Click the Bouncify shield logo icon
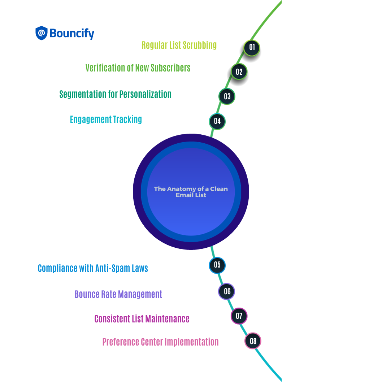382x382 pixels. point(42,33)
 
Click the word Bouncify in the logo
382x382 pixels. point(72,34)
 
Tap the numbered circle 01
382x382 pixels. point(252,47)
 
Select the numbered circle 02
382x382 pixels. point(239,71)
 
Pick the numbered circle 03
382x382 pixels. point(227,96)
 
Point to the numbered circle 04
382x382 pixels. point(217,121)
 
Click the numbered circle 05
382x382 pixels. point(217,265)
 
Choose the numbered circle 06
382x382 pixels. point(227,291)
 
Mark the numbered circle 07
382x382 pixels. point(239,316)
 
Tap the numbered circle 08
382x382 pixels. point(253,341)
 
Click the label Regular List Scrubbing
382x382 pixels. point(179,45)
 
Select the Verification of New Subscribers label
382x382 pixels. point(138,68)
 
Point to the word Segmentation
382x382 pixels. point(83,94)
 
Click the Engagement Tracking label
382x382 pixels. point(106,120)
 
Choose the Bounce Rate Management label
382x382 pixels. point(118,294)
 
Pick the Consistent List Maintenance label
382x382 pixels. point(142,319)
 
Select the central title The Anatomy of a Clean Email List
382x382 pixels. point(191,192)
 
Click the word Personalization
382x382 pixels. point(145,94)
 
